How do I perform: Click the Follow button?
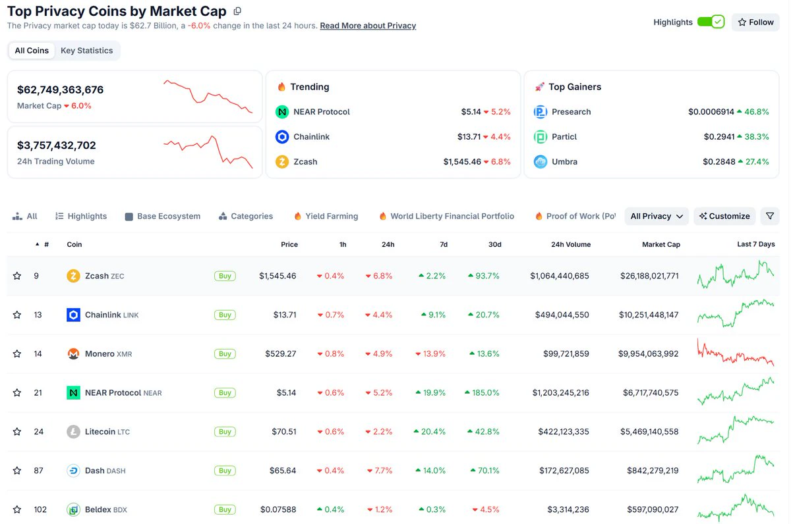pyautogui.click(x=755, y=22)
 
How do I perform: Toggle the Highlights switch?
pyautogui.click(x=711, y=22)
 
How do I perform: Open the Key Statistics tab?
pyautogui.click(x=86, y=51)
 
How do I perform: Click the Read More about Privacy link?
pyautogui.click(x=368, y=26)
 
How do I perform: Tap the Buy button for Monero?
pyautogui.click(x=225, y=354)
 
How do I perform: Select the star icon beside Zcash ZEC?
pyautogui.click(x=17, y=276)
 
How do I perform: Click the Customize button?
pyautogui.click(x=724, y=216)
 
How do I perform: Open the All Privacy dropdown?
pyautogui.click(x=657, y=216)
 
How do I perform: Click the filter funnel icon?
pyautogui.click(x=770, y=216)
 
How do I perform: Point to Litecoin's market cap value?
pyautogui.click(x=649, y=432)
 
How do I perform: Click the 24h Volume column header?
pyautogui.click(x=571, y=244)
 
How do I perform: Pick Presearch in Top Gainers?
pyautogui.click(x=571, y=112)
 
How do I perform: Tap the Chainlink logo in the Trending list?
pyautogui.click(x=282, y=137)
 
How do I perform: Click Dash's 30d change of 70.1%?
pyautogui.click(x=485, y=471)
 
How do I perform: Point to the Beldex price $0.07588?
pyautogui.click(x=278, y=510)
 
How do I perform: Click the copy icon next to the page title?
pyautogui.click(x=237, y=11)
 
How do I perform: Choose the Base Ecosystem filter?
pyautogui.click(x=163, y=216)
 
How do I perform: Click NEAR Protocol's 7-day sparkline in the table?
pyautogui.click(x=736, y=391)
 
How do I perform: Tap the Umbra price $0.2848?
pyautogui.click(x=719, y=161)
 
